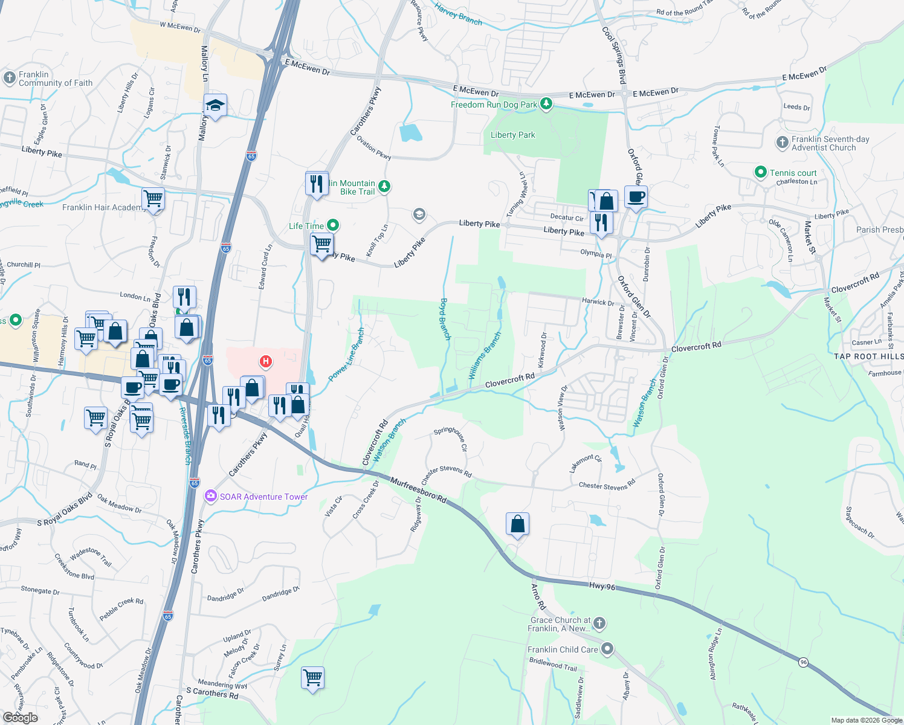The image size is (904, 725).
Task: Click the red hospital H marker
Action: [x=265, y=362]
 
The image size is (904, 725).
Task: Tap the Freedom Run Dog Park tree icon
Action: [x=546, y=104]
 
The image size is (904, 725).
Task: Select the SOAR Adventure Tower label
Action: [x=263, y=497]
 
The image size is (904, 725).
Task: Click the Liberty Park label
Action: [x=512, y=135]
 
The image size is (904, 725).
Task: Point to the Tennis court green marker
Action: [x=761, y=173]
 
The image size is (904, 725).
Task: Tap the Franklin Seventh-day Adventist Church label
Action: [x=830, y=143]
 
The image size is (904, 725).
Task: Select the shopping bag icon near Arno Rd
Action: [x=518, y=524]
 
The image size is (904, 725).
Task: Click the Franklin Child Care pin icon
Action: [x=607, y=649]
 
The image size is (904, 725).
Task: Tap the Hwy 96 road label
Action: [x=602, y=586]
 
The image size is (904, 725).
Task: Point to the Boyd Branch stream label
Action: [x=445, y=319]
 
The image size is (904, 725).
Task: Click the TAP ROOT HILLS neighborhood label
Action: [x=868, y=356]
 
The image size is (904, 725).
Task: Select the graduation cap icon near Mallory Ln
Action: [x=215, y=106]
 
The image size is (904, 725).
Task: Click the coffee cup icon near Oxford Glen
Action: [x=636, y=196]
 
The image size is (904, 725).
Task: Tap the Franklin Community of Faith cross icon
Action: [x=9, y=78]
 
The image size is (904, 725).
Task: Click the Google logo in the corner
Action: [x=20, y=717]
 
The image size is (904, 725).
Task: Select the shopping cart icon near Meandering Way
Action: [x=313, y=678]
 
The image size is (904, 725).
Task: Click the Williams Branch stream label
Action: [x=485, y=356]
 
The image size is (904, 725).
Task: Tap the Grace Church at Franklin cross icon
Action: [x=599, y=623]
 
